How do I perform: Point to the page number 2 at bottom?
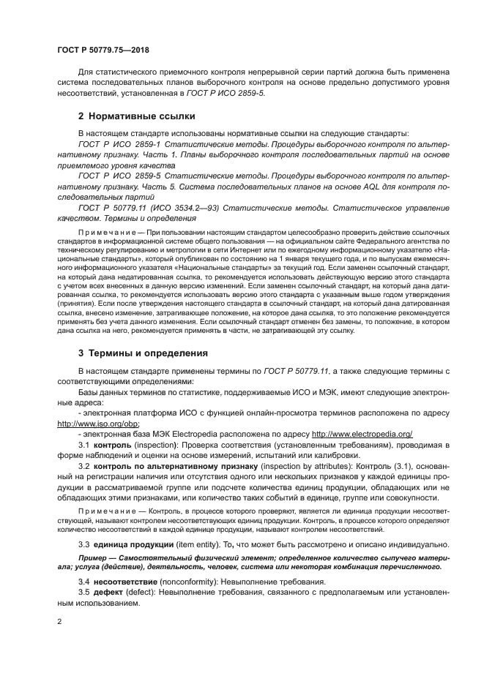(x=59, y=621)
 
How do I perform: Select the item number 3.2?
(x=84, y=465)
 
